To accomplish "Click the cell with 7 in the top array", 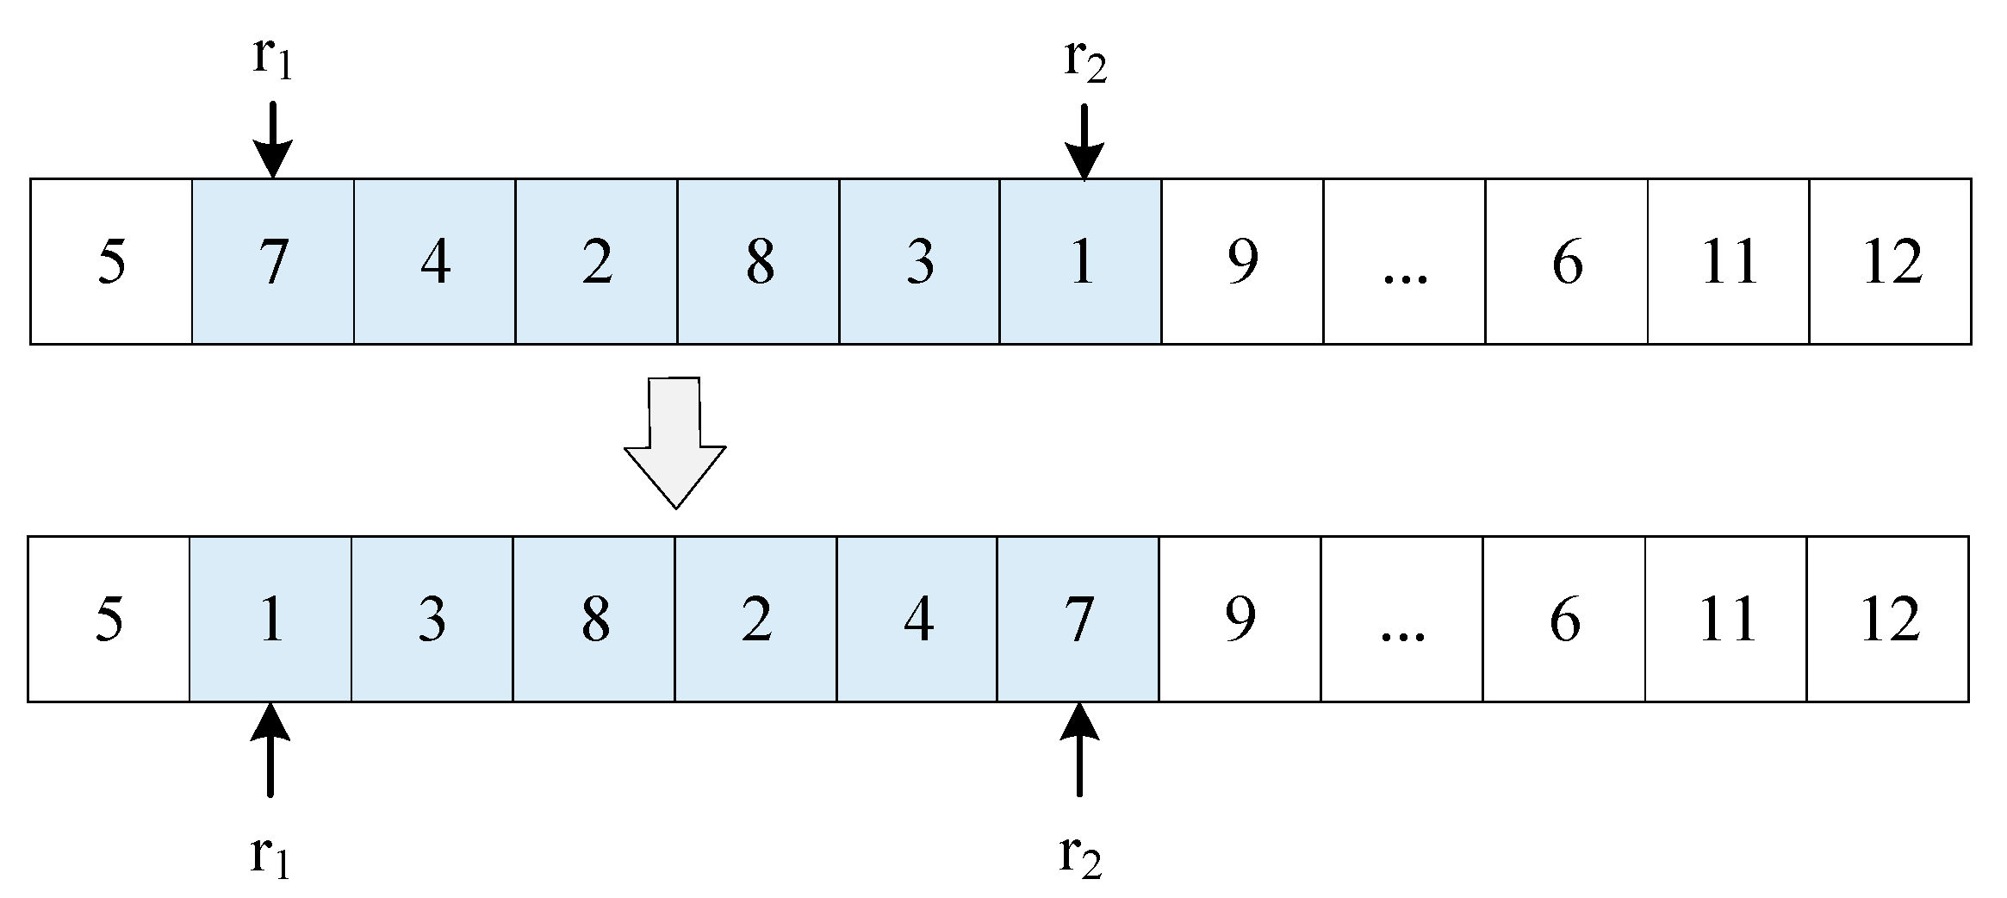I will point(273,261).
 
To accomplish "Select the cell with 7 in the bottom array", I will point(1078,619).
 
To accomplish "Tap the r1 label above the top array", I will point(272,59).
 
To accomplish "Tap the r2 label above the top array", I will point(1084,60).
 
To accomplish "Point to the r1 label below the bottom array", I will point(270,856).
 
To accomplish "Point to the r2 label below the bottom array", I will point(1080,856).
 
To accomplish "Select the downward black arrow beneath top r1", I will point(272,140).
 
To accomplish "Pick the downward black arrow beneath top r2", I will point(1084,142).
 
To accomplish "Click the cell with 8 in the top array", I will point(758,261).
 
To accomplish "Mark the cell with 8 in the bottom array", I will point(594,619).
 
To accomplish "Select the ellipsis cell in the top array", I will point(1404,261).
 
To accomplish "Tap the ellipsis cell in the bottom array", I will point(1401,619).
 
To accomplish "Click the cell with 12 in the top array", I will point(1890,261).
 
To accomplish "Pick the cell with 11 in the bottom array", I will point(1725,619).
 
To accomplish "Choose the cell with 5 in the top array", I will point(111,261).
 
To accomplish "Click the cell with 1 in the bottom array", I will point(270,619).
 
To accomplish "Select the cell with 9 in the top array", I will point(1242,261).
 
